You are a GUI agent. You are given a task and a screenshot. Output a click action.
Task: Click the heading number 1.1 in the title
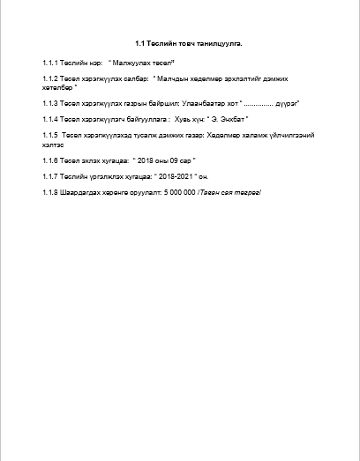[139, 43]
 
